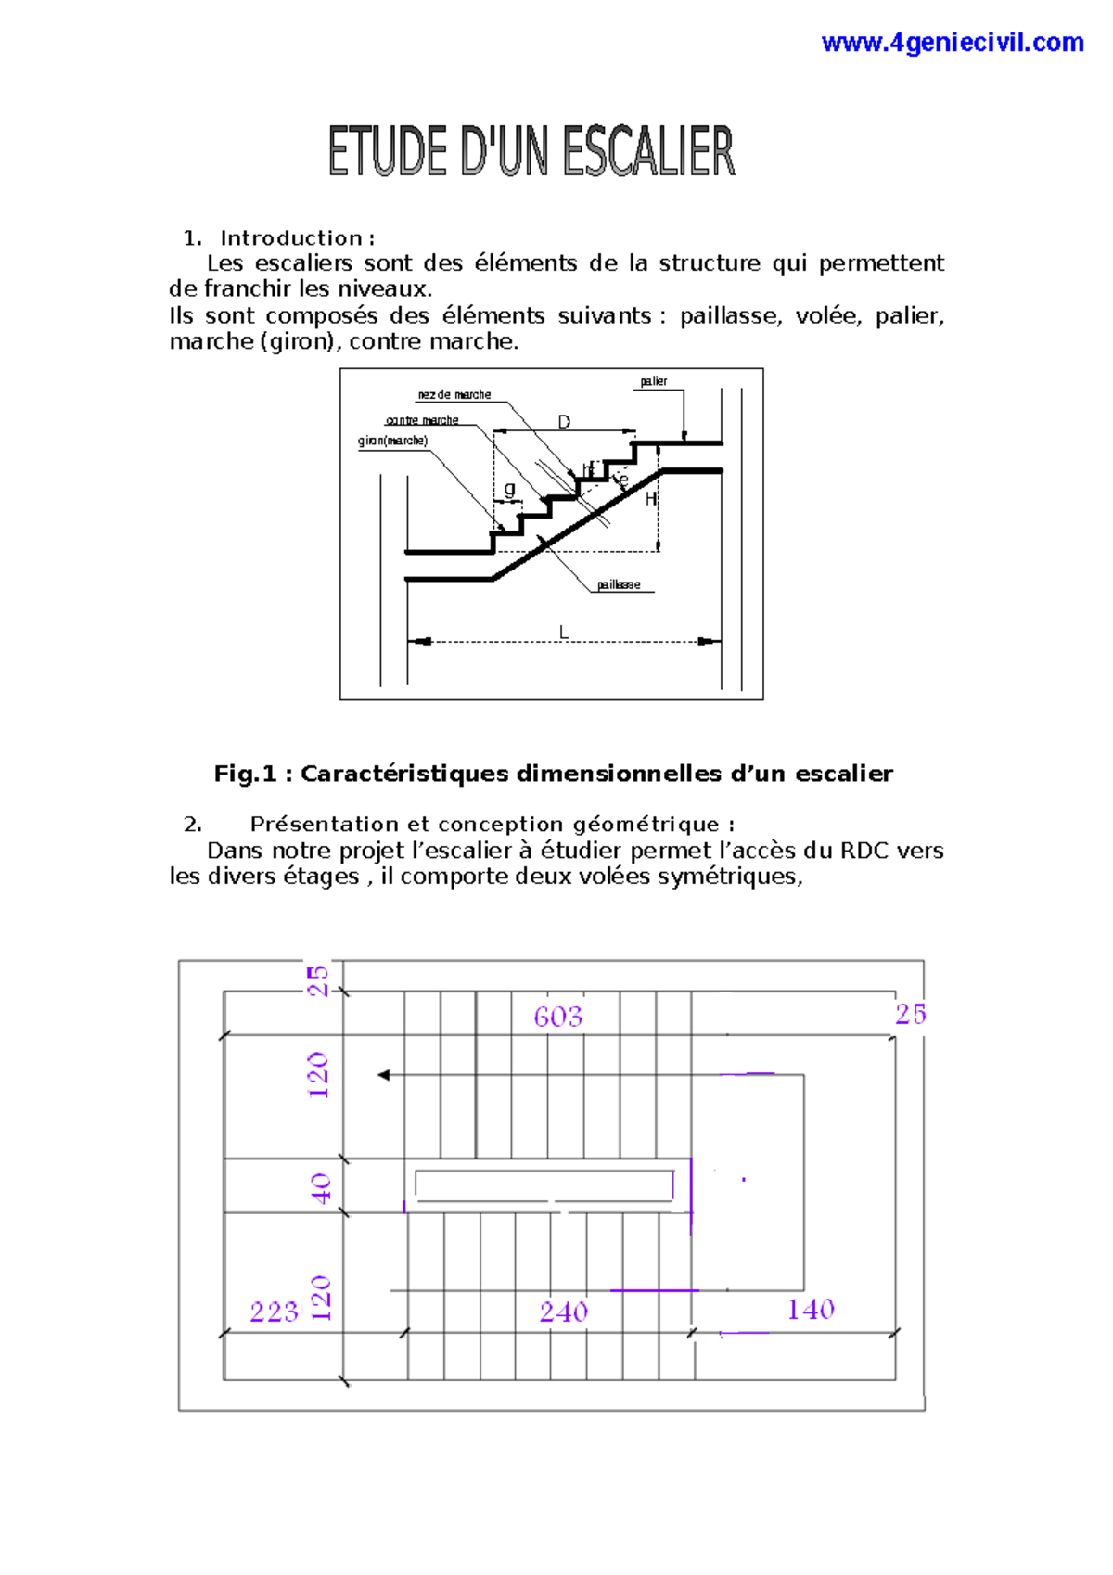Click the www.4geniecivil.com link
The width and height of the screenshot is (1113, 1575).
tap(952, 43)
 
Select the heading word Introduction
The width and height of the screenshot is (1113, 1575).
tap(290, 238)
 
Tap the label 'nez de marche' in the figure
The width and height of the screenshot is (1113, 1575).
tap(454, 395)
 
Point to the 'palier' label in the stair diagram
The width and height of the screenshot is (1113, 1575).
tap(653, 381)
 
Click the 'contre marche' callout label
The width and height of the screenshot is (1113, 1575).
tap(422, 420)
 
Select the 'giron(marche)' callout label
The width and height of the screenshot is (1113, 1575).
tap(392, 441)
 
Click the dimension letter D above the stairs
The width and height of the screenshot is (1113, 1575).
tap(564, 422)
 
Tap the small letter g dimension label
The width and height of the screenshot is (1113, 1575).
tap(509, 488)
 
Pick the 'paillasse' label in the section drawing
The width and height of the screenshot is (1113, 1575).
tap(619, 585)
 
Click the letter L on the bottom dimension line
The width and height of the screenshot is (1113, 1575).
tap(563, 633)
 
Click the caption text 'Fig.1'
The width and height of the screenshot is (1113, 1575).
tap(245, 774)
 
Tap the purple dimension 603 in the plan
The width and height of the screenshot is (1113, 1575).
tap(558, 1018)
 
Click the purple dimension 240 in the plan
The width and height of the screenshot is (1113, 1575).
tap(564, 1312)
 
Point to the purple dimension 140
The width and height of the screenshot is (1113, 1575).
tap(811, 1310)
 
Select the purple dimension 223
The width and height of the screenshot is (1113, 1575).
tap(274, 1312)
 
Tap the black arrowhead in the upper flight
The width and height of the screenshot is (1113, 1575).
tap(383, 1075)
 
